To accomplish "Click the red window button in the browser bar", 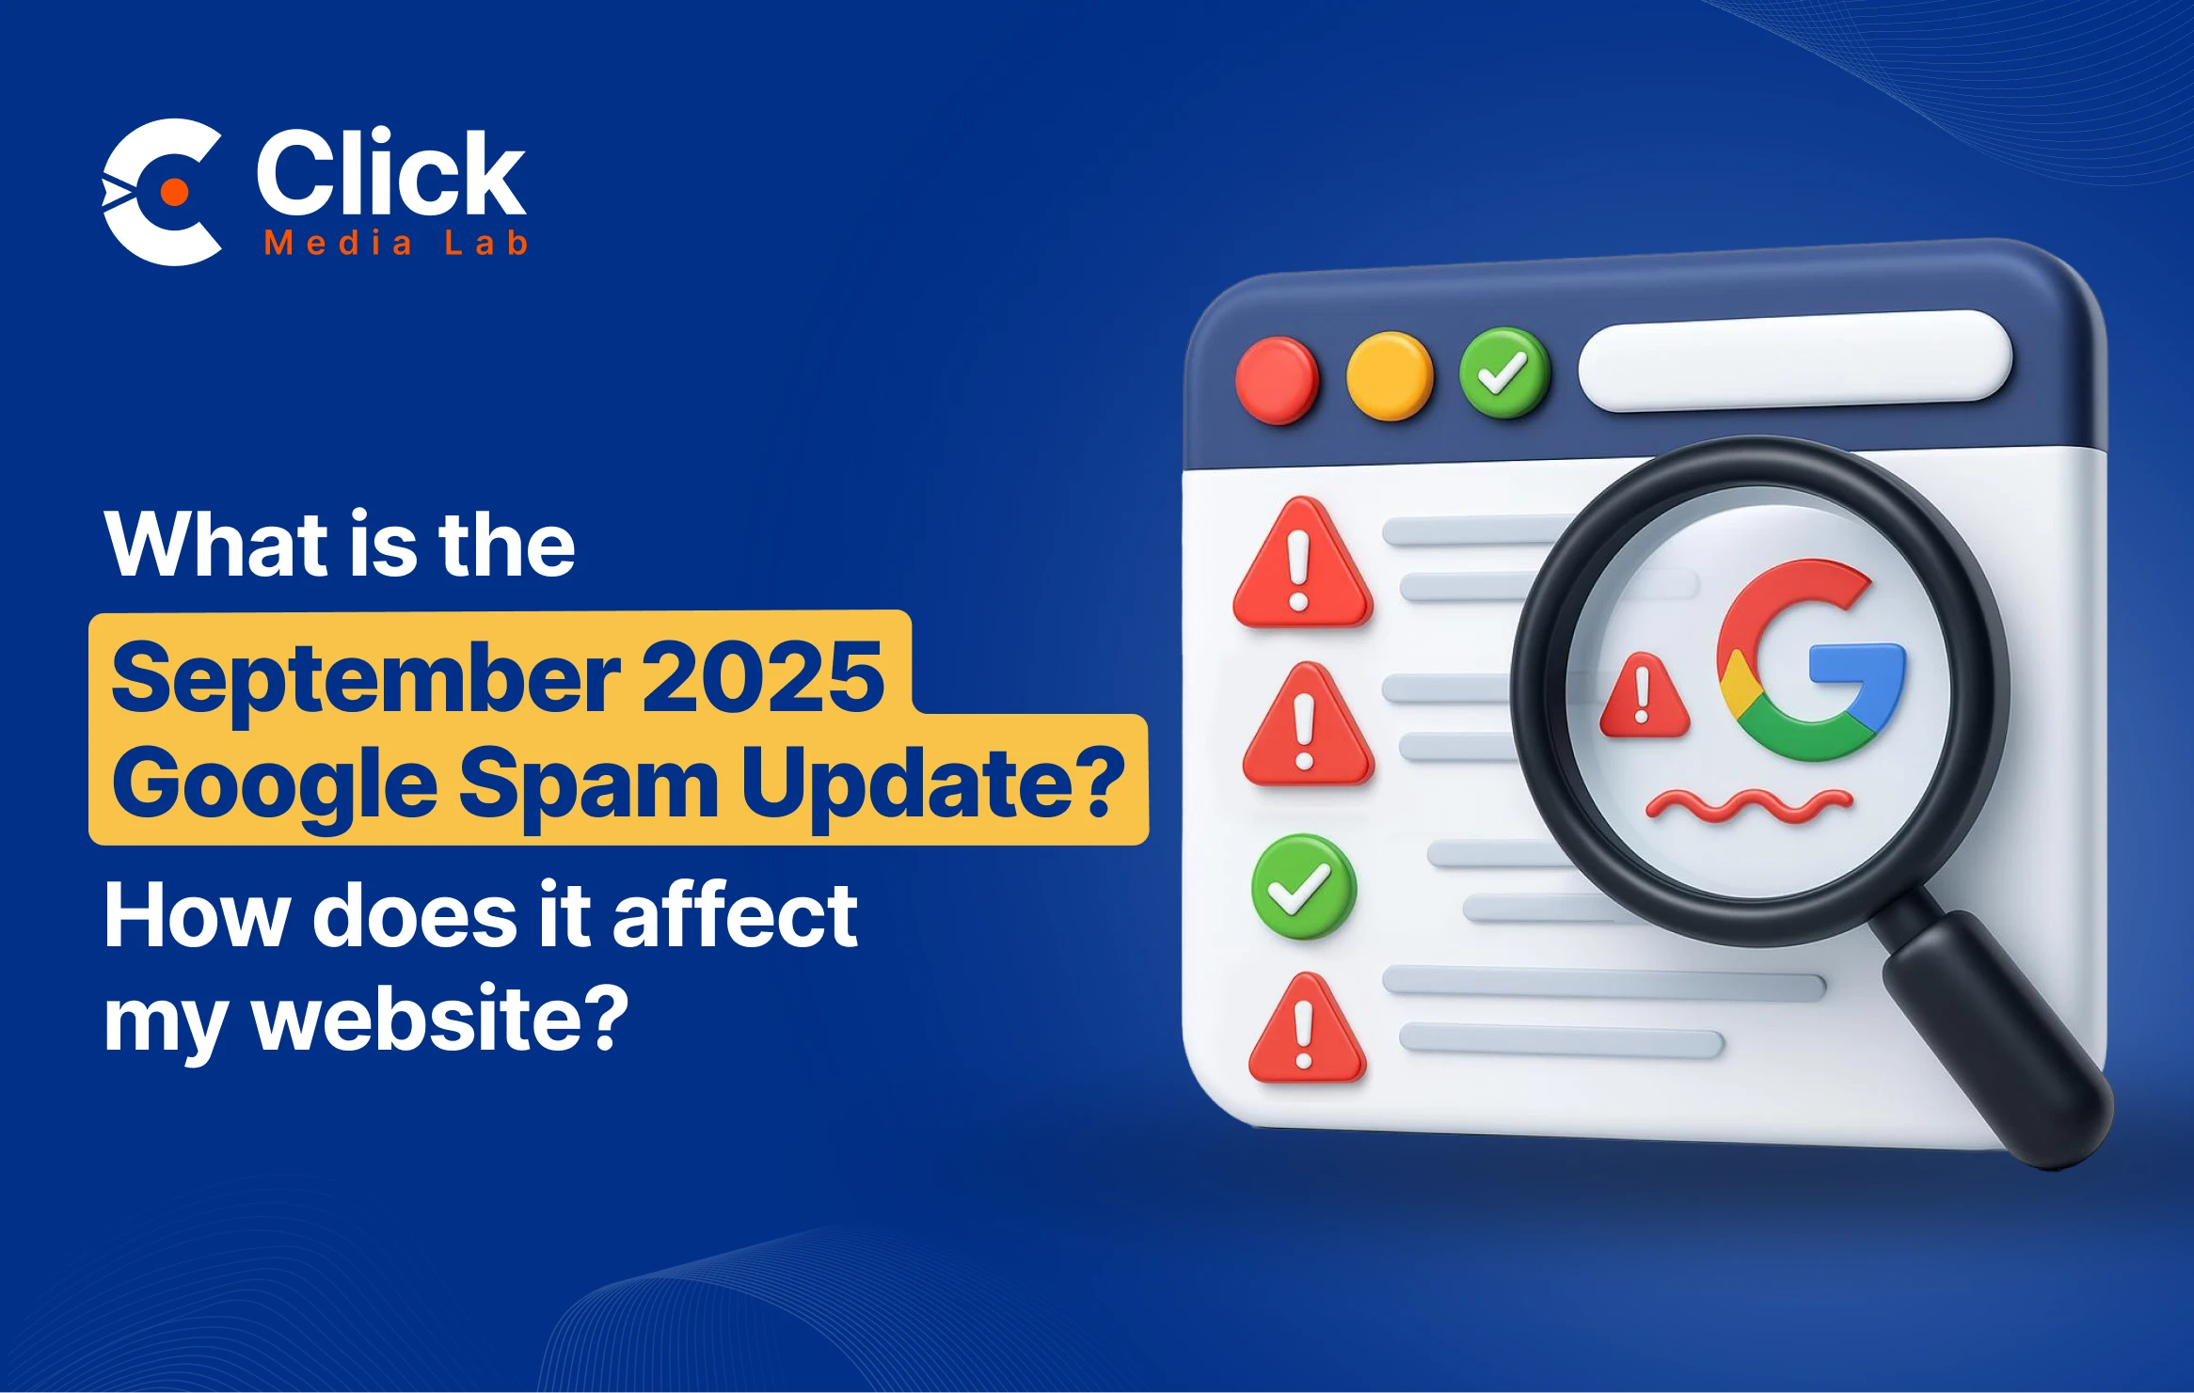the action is [1277, 381].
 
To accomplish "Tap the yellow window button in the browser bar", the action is [1390, 375].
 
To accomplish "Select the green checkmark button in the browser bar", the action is [1504, 372].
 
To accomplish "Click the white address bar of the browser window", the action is [1795, 361].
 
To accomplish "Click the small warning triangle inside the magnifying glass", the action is [1644, 695].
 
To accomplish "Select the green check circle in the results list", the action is [1303, 886].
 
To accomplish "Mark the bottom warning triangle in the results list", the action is [1306, 1029].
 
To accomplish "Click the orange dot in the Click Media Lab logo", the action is [174, 192].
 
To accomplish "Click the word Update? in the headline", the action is [933, 783].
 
